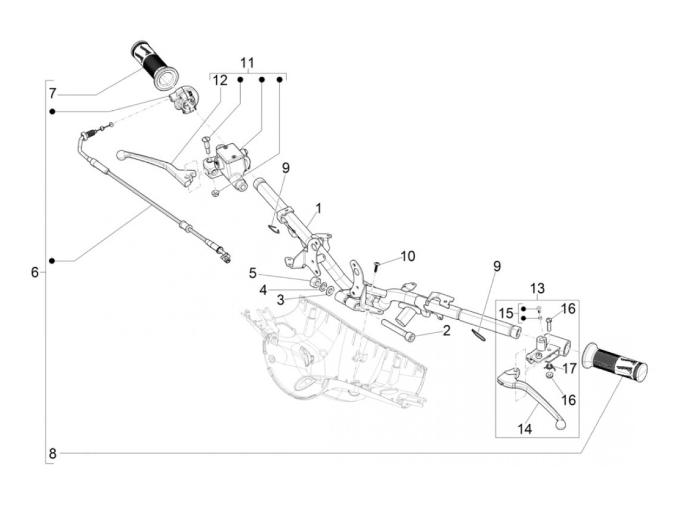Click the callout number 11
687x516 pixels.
247,63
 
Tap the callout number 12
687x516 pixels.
220,80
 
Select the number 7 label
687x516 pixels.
53,93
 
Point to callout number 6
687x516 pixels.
35,272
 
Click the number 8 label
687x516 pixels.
53,453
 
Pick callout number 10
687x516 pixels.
408,256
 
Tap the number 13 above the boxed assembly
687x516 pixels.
537,288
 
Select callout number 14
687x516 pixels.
525,429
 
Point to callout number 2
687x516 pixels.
447,330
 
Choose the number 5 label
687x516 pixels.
252,274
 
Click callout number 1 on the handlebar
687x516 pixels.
318,208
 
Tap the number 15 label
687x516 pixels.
506,313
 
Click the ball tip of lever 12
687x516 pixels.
121,155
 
